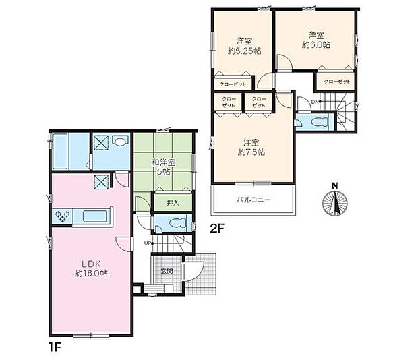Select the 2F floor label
[218, 229]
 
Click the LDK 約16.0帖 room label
[91, 268]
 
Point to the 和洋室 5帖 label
[163, 167]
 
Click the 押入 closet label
[173, 203]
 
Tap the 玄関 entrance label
[167, 271]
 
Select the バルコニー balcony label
[253, 200]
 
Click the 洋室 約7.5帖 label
[251, 147]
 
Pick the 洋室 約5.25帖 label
[244, 46]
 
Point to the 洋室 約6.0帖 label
[316, 40]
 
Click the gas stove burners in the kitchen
[63, 216]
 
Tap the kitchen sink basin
[95, 216]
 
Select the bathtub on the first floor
[60, 151]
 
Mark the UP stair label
[147, 243]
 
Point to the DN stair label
[315, 102]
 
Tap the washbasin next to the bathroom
[119, 141]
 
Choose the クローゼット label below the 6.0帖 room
[337, 82]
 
